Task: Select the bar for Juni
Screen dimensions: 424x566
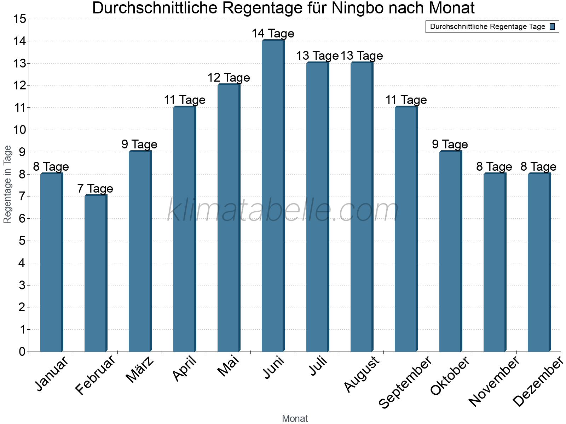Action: pos(273,196)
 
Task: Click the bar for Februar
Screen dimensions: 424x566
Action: pos(96,273)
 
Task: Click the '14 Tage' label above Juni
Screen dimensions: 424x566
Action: pos(273,34)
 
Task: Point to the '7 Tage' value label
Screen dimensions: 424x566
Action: pos(95,189)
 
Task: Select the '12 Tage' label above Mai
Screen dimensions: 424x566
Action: pos(229,78)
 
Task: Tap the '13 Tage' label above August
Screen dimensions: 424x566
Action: pos(362,56)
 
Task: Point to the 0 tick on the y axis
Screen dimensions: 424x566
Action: pos(22,352)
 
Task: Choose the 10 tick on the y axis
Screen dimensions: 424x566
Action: pos(19,130)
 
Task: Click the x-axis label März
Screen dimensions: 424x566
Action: pos(140,369)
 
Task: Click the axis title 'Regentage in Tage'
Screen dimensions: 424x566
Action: pos(7,184)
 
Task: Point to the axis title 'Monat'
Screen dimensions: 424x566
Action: pos(295,418)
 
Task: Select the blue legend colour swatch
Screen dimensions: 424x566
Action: pos(552,26)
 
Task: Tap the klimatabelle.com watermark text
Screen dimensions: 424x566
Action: pos(283,210)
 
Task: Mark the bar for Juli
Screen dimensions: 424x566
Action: pos(317,207)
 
